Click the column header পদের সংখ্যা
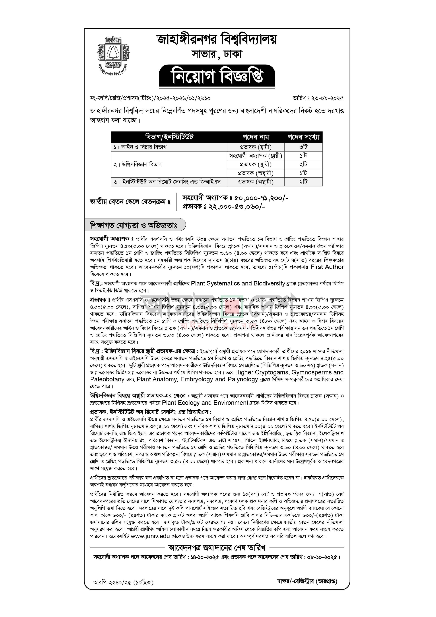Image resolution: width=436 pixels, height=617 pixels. tap(303, 137)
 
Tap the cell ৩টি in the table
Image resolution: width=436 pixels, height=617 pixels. tap(303, 147)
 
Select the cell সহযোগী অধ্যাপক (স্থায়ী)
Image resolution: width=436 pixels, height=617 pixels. tap(256, 156)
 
